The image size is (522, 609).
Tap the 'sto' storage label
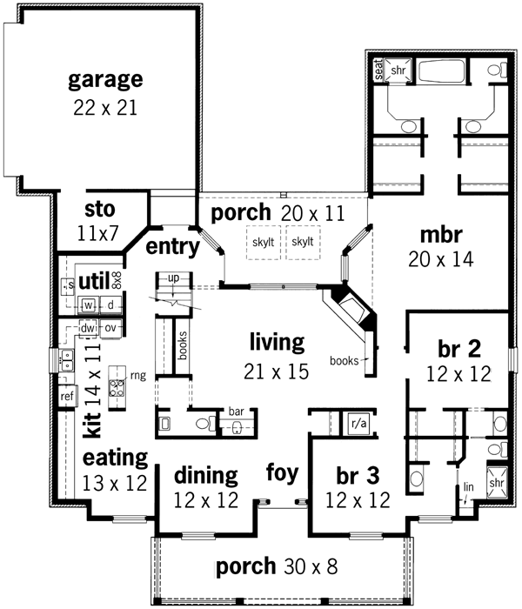click(x=102, y=210)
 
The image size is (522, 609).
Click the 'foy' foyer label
click(x=283, y=474)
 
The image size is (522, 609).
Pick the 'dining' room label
click(x=205, y=476)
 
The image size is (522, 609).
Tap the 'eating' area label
click(x=115, y=458)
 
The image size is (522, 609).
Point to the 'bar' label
click(x=235, y=411)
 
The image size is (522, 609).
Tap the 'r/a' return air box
click(x=356, y=422)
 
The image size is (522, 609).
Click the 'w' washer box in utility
click(x=89, y=304)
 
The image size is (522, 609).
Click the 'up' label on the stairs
click(x=173, y=277)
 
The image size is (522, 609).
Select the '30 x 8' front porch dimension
click(x=311, y=567)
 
